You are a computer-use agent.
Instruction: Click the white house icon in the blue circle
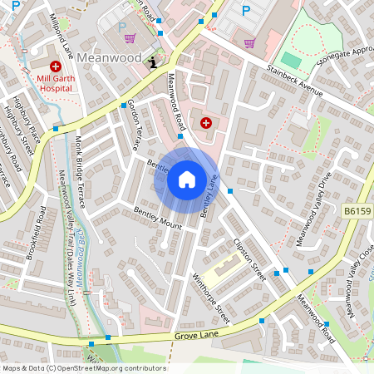point(186,180)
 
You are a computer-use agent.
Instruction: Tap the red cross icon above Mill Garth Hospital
point(55,66)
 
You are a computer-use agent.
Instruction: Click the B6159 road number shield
point(357,213)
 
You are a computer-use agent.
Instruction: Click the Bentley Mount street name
point(157,219)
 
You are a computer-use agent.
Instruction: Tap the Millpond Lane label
point(62,28)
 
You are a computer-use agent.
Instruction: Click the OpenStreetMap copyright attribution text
point(84,368)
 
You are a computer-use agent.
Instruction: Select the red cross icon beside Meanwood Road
point(205,122)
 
